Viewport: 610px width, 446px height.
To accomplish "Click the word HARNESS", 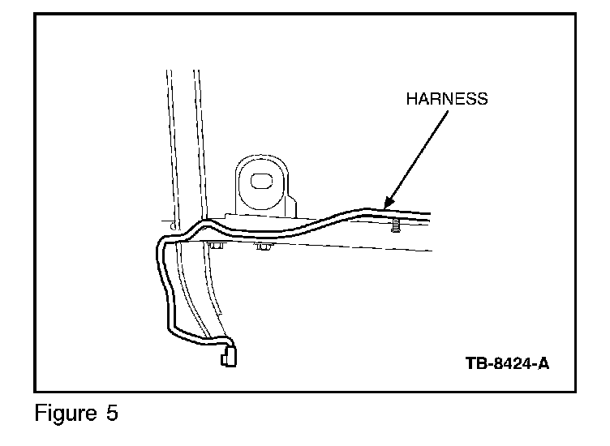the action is point(446,99).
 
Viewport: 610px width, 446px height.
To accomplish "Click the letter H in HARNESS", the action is point(411,99).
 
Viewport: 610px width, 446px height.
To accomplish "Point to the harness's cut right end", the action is point(428,217).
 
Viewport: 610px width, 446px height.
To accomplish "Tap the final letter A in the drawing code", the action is point(543,362).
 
